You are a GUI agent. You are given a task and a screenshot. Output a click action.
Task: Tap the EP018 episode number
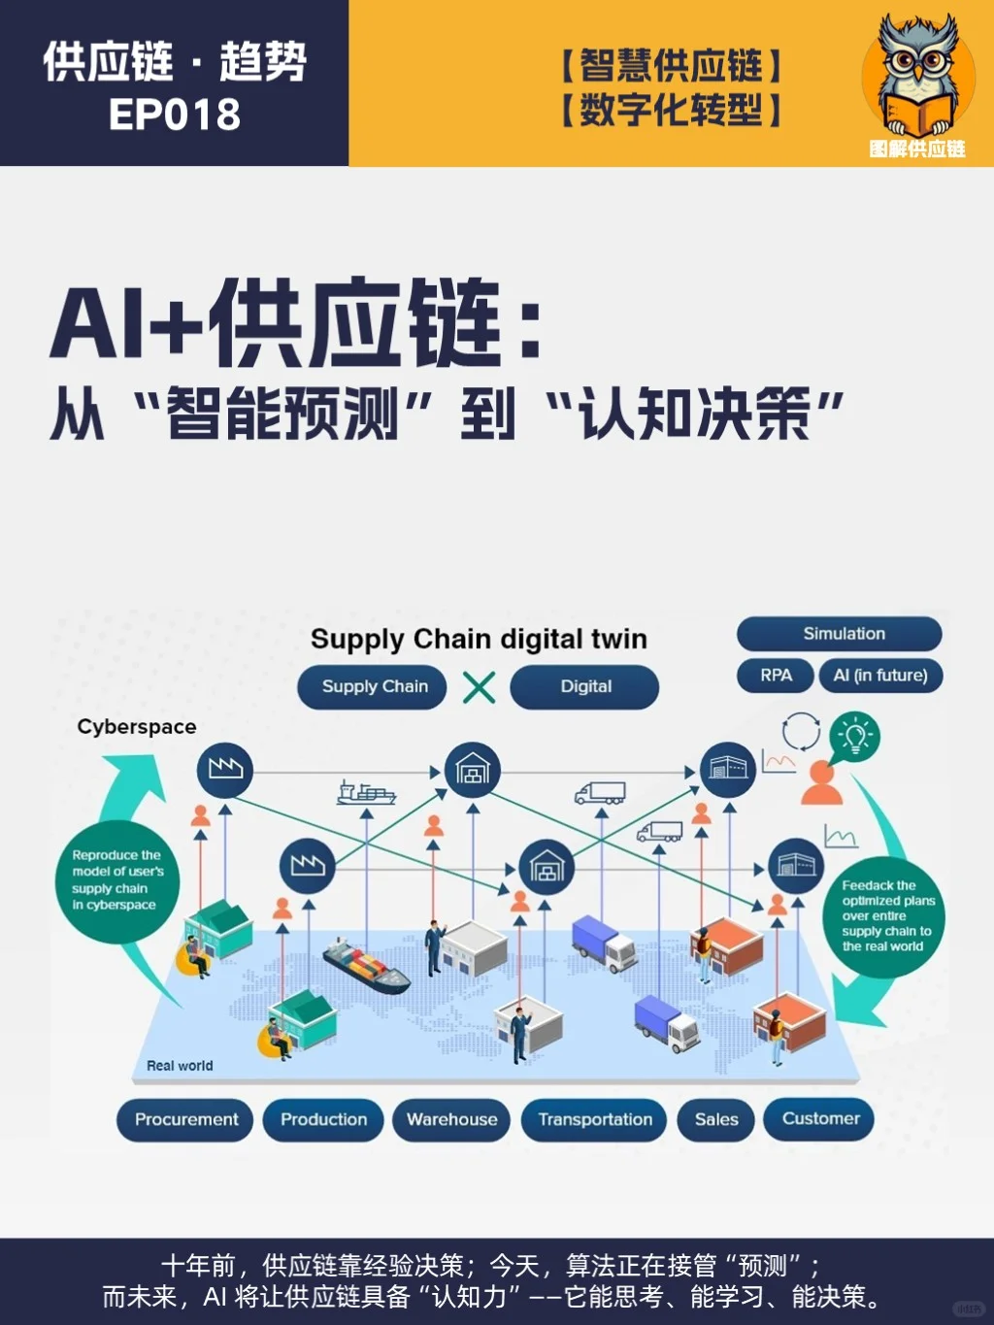click(175, 115)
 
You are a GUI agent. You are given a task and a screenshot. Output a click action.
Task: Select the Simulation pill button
click(840, 634)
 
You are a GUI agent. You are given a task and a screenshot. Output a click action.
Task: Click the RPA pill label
click(776, 676)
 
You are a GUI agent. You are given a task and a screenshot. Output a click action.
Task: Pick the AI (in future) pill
click(880, 676)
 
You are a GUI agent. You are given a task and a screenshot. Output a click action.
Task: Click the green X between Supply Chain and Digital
click(480, 687)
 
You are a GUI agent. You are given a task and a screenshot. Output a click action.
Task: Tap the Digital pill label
click(584, 687)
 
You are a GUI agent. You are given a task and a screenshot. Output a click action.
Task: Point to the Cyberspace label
click(137, 727)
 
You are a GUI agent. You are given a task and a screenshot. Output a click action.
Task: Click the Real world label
click(180, 1066)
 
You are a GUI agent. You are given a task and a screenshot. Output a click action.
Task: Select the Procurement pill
click(184, 1120)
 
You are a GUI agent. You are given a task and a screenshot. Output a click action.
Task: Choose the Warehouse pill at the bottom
click(451, 1120)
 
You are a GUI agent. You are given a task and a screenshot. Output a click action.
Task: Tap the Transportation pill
click(594, 1120)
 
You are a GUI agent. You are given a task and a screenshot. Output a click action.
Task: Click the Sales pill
click(716, 1120)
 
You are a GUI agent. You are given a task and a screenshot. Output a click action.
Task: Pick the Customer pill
click(819, 1119)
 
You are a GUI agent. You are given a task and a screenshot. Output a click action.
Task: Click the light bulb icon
click(854, 736)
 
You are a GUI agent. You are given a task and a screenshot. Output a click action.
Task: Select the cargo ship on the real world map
click(366, 965)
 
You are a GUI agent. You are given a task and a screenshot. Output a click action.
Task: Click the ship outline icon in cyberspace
click(366, 793)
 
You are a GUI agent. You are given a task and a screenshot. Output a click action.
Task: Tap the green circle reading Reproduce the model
click(117, 880)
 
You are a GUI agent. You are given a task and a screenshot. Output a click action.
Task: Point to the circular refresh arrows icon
click(801, 732)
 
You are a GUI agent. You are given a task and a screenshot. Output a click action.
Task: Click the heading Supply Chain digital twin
click(479, 640)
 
